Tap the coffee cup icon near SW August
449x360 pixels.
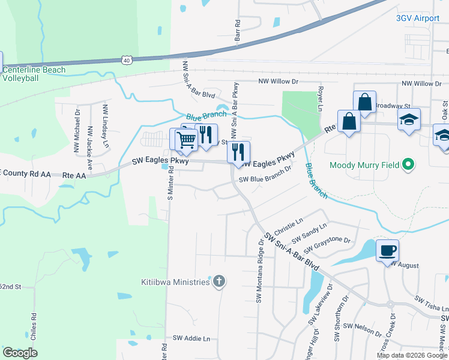387,250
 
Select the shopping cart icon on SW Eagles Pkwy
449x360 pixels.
187,139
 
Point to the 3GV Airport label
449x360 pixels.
418,19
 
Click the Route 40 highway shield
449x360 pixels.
125,60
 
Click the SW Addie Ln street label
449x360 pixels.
191,338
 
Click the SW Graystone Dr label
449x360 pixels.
327,244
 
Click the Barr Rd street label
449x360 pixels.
238,31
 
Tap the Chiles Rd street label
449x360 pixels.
34,323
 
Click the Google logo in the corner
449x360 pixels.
20,353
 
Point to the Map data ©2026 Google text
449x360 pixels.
411,355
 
